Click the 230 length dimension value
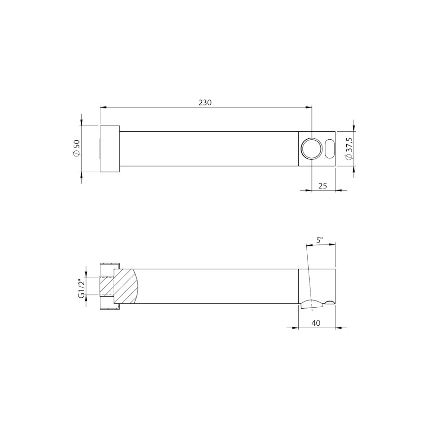click(x=204, y=102)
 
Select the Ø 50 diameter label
click(x=77, y=148)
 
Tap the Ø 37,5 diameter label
click(x=349, y=149)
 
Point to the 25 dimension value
click(x=322, y=186)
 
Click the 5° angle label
click(x=320, y=240)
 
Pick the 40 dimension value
click(x=316, y=323)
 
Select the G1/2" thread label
click(x=82, y=288)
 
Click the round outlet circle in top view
click(x=311, y=149)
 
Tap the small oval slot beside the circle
click(x=330, y=149)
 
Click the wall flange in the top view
click(x=110, y=149)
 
